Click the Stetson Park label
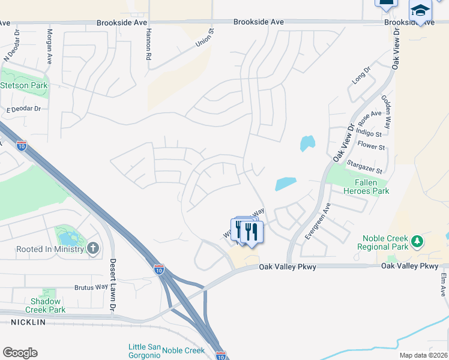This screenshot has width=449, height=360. click(x=24, y=85)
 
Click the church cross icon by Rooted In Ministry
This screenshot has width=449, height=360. click(x=93, y=248)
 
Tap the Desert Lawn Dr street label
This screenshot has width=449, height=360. click(x=112, y=284)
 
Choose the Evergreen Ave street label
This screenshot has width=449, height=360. click(x=317, y=221)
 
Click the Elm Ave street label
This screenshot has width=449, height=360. click(x=443, y=284)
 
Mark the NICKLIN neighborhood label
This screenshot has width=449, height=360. click(x=28, y=322)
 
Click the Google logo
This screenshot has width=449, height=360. click(x=20, y=353)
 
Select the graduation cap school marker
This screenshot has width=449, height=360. click(x=420, y=11)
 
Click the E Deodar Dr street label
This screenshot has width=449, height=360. click(x=23, y=110)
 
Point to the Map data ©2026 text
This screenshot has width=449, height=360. click(x=423, y=355)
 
